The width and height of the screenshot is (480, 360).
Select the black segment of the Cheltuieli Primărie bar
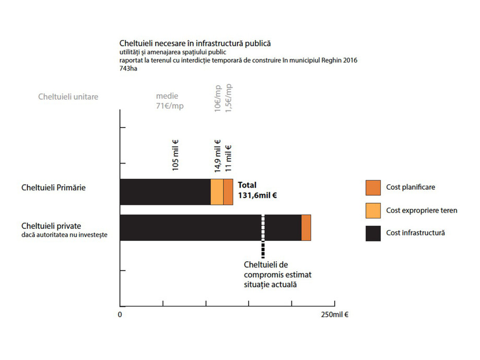click(165, 192)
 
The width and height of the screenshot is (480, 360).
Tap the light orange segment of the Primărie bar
click(217, 192)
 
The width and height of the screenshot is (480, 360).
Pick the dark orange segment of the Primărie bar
click(228, 192)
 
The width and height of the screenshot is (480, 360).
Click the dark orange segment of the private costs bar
click(306, 227)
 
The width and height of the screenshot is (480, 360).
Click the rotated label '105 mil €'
click(175, 155)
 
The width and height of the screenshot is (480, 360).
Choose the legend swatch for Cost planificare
click(373, 187)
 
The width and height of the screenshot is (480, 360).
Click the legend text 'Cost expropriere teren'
click(422, 210)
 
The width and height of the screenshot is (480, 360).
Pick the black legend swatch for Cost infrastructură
click(373, 233)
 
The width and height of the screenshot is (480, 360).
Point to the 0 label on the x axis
click(120, 315)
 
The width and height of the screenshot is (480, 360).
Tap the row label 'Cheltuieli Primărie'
click(53, 187)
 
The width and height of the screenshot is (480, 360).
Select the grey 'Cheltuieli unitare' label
click(68, 97)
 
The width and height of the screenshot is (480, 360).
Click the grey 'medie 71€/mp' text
click(170, 101)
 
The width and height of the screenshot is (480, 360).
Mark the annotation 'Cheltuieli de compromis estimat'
click(273, 270)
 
